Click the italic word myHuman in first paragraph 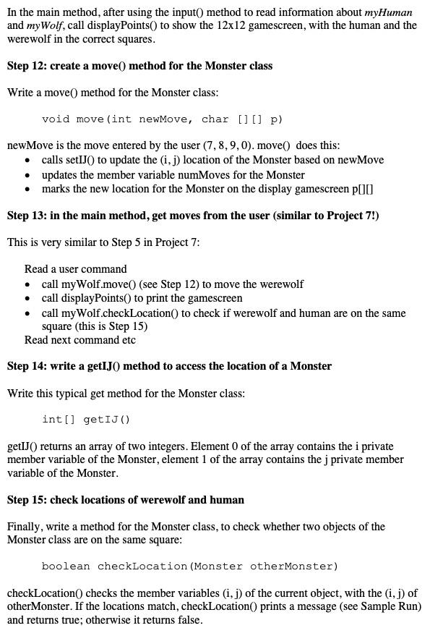click(x=388, y=12)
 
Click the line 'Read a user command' click(x=75, y=269)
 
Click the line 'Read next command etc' click(x=79, y=340)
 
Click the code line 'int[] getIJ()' click(x=86, y=419)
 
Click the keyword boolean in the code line click(x=66, y=566)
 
